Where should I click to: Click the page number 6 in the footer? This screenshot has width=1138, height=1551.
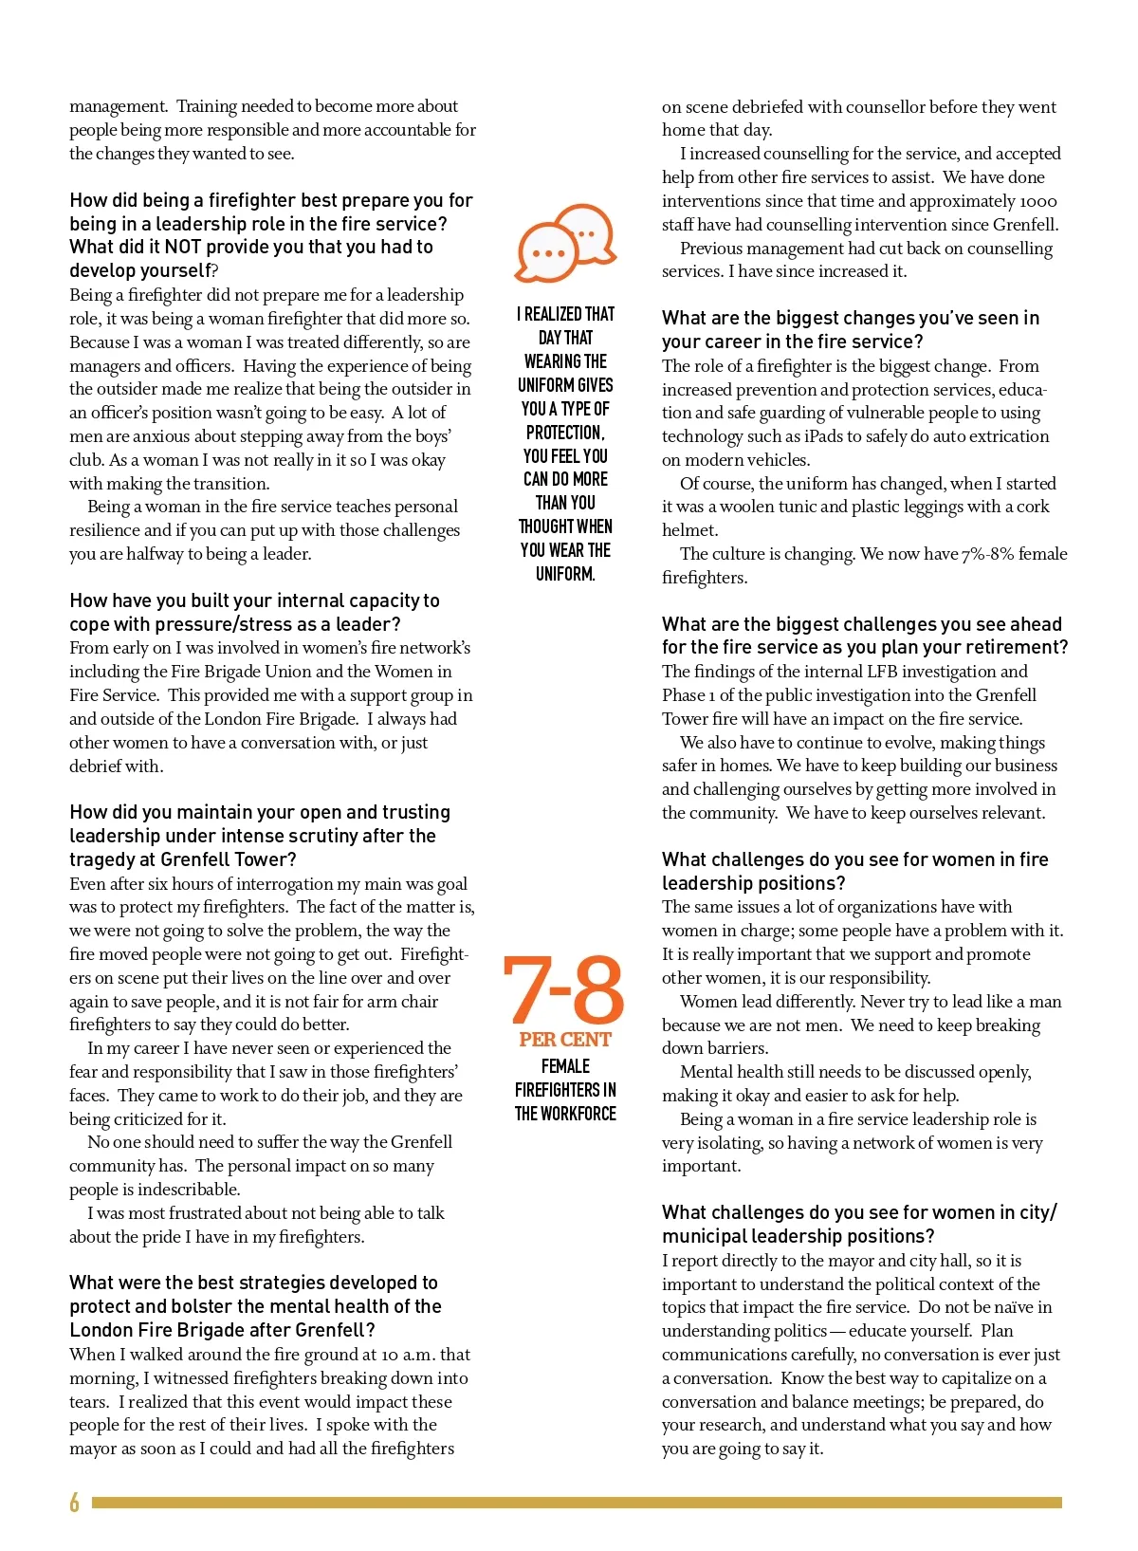coord(74,1502)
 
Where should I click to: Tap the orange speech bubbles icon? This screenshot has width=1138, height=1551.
coord(566,243)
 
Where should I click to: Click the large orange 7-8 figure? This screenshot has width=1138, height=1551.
coord(564,989)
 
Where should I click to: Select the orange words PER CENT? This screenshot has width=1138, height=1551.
coord(565,1040)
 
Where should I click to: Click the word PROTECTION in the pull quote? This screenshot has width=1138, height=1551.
coord(564,433)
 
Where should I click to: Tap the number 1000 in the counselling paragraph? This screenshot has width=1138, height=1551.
coord(1038,201)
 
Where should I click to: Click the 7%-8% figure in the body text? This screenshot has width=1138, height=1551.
coord(988,554)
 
